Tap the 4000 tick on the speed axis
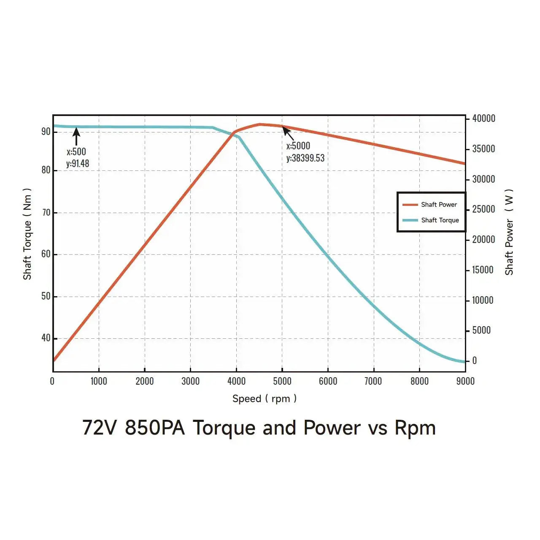pyautogui.click(x=236, y=381)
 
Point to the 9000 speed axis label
pyautogui.click(x=465, y=381)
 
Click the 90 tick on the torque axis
pyautogui.click(x=46, y=132)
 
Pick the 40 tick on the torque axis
pyautogui.click(x=46, y=338)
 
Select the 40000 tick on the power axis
pyautogui.click(x=483, y=119)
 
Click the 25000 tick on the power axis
pyautogui.click(x=483, y=209)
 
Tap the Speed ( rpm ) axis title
pyautogui.click(x=265, y=399)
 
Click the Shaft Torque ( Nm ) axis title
pyautogui.click(x=27, y=234)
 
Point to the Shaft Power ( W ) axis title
pyautogui.click(x=509, y=232)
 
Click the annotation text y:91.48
pyautogui.click(x=78, y=164)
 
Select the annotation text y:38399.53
pyautogui.click(x=305, y=158)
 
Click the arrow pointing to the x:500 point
pyautogui.click(x=76, y=136)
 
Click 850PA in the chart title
pyautogui.click(x=155, y=428)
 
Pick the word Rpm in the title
pyautogui.click(x=415, y=428)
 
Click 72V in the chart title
pyautogui.click(x=99, y=428)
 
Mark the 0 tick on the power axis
pyautogui.click(x=475, y=361)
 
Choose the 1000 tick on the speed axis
pyautogui.click(x=99, y=381)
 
